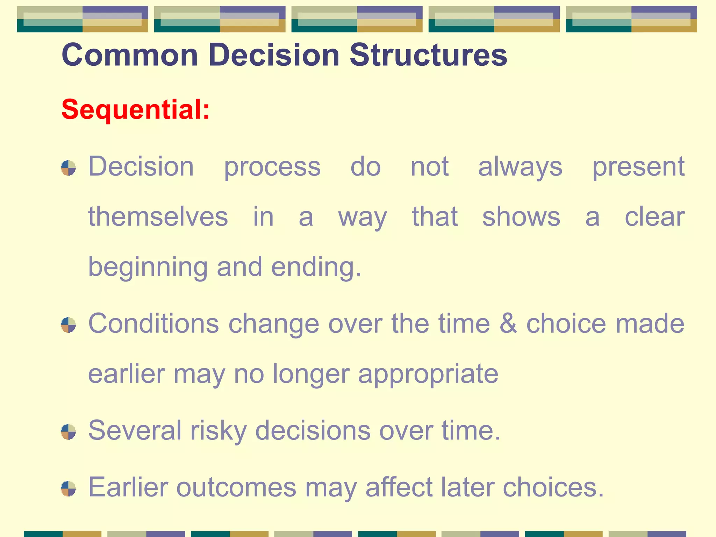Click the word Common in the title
click(130, 55)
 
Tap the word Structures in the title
click(428, 55)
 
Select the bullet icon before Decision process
click(68, 168)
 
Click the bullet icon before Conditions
click(68, 325)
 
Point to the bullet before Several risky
click(68, 431)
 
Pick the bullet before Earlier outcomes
click(68, 488)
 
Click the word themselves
click(158, 217)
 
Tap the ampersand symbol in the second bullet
click(508, 324)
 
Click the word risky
click(219, 431)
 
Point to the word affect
click(399, 487)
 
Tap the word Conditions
click(153, 324)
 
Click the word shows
click(521, 217)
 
